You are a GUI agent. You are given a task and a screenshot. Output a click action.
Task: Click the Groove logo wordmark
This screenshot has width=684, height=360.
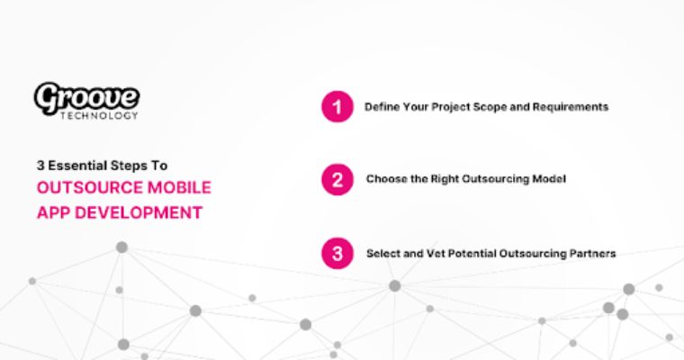(86, 97)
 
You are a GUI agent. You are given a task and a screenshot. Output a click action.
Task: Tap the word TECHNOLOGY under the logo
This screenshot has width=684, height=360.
(105, 115)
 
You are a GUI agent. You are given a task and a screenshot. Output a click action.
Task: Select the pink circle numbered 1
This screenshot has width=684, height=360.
(337, 107)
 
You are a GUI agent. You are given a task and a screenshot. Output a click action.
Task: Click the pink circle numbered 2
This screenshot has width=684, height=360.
(337, 180)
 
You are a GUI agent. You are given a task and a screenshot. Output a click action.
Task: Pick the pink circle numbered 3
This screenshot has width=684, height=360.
(337, 254)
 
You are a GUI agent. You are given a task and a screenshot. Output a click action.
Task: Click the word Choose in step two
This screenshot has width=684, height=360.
(384, 180)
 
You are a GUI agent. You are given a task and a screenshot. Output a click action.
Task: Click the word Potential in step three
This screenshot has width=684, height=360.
(472, 254)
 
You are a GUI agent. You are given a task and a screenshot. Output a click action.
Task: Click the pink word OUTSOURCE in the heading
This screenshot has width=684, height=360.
(84, 188)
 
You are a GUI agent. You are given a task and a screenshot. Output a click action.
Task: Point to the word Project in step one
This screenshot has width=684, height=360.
(433, 107)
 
